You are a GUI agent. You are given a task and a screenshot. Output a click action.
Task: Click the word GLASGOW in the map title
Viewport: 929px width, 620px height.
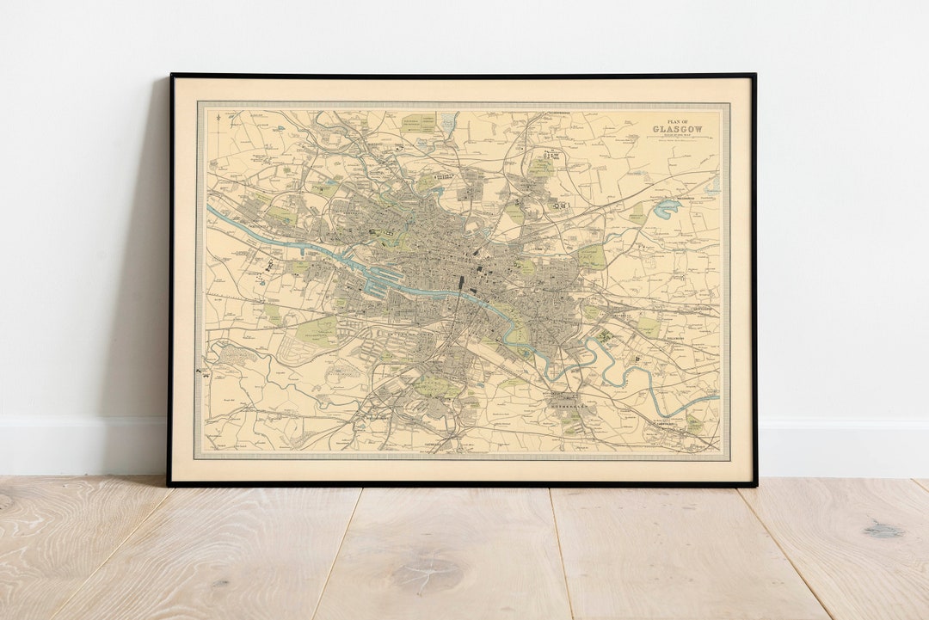677,129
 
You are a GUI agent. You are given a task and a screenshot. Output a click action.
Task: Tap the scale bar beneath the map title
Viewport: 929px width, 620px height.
677,140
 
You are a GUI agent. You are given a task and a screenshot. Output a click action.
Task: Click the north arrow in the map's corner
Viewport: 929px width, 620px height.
218,120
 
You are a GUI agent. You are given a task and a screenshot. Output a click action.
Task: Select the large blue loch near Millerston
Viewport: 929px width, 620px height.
667,207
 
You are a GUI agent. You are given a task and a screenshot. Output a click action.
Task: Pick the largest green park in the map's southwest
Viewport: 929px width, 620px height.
317,331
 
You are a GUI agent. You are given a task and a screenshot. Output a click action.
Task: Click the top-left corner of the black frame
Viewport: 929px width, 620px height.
171,76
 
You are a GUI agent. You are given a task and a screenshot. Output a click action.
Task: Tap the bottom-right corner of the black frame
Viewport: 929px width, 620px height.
754,485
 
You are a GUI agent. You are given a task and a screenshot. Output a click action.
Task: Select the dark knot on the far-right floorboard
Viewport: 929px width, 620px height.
884,531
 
